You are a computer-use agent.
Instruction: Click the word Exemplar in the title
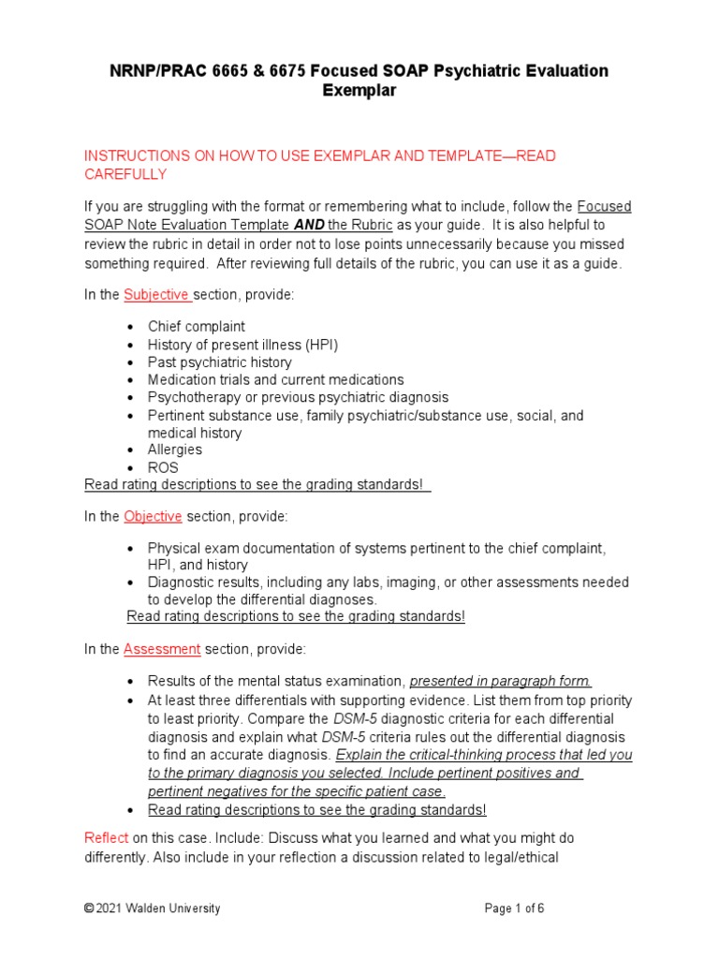[x=359, y=91]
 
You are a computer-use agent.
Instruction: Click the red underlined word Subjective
[x=157, y=295]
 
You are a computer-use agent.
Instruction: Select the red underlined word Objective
[x=153, y=516]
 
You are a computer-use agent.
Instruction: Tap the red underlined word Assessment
[x=162, y=649]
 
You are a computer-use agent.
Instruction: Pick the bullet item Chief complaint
[x=197, y=327]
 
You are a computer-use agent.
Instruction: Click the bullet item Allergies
[x=174, y=450]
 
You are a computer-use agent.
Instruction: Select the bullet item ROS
[x=163, y=467]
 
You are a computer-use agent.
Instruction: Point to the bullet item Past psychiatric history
[x=219, y=361]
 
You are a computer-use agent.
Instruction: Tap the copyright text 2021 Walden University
[x=158, y=908]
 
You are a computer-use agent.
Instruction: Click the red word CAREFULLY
[x=125, y=174]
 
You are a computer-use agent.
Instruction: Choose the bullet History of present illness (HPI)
[x=242, y=345]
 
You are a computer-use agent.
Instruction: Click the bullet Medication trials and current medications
[x=275, y=379]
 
